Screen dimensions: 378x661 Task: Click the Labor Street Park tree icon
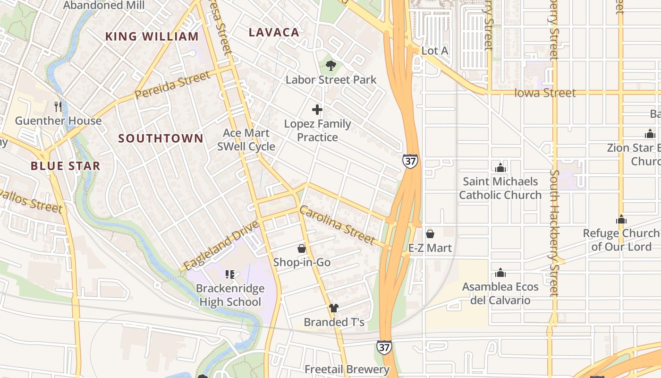[x=331, y=66]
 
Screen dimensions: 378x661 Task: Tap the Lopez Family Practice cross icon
[x=317, y=110]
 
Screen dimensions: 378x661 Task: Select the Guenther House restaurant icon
[x=58, y=106]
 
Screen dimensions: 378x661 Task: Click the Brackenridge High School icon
[x=230, y=275]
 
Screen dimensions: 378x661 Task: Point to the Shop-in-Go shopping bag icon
[x=302, y=249]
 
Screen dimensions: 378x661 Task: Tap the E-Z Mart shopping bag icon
[x=430, y=234]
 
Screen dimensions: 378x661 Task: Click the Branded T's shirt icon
[x=334, y=308]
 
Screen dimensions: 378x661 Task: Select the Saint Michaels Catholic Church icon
[x=500, y=168]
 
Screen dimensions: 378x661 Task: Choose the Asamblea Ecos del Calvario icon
[x=500, y=273]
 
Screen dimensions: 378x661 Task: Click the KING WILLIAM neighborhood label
[x=152, y=36]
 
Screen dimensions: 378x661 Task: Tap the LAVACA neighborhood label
[x=274, y=32]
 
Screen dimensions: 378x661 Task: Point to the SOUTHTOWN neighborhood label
[x=161, y=138]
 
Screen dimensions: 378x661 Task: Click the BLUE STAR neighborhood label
[x=65, y=166]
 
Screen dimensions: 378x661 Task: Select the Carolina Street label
[x=337, y=225]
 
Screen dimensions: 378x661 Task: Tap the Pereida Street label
[x=172, y=85]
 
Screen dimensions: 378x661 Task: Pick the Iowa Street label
[x=545, y=93]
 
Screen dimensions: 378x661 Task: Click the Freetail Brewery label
[x=347, y=369]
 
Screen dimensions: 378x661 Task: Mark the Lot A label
[x=434, y=51]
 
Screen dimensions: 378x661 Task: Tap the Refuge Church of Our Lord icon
[x=621, y=220]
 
